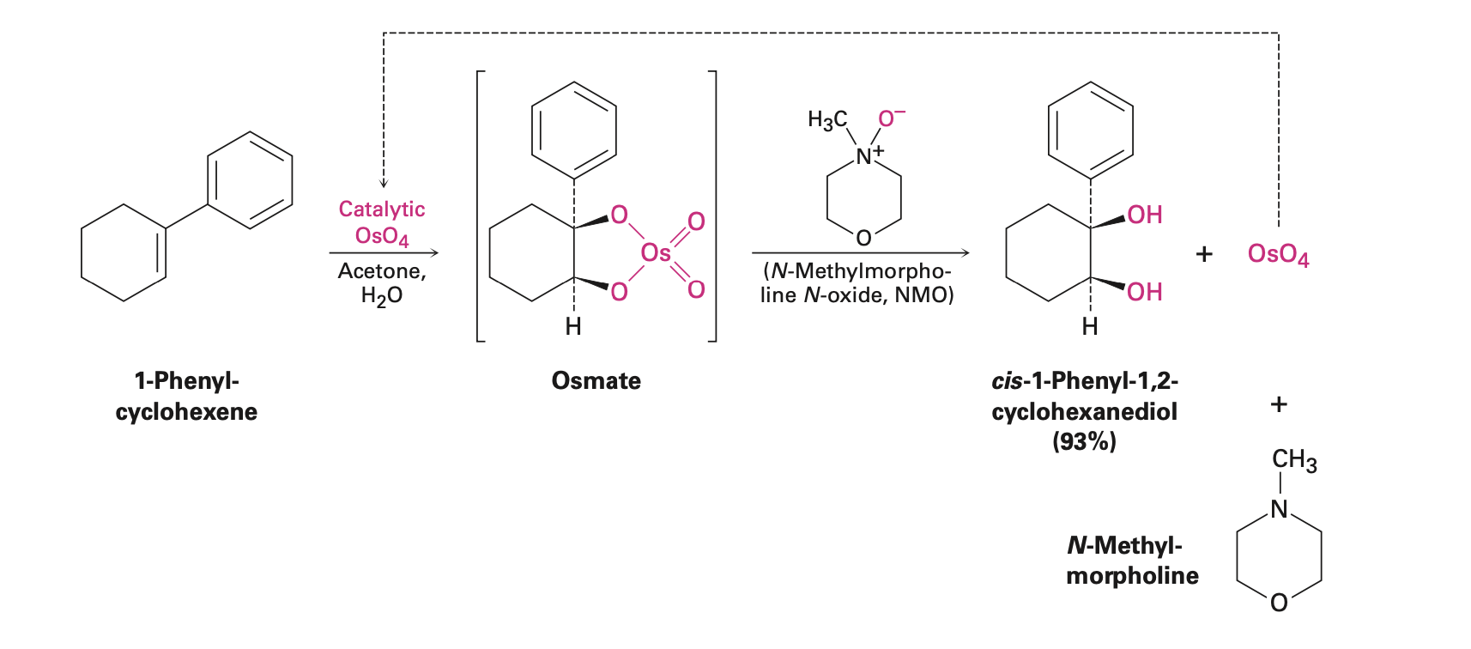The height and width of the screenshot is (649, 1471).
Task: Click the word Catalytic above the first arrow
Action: [382, 209]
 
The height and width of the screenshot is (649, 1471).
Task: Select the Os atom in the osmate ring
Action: [656, 252]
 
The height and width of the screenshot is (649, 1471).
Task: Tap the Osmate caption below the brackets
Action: [596, 380]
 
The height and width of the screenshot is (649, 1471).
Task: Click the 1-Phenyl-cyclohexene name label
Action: [186, 396]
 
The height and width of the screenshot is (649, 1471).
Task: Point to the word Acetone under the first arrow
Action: [381, 271]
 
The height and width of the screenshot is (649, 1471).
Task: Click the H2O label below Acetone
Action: [381, 296]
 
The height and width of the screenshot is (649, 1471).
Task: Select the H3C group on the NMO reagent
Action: [827, 120]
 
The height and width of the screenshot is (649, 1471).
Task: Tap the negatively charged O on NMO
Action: [889, 118]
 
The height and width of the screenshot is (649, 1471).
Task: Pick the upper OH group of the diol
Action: [1144, 215]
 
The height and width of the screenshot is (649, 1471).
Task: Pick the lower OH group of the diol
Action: [1144, 292]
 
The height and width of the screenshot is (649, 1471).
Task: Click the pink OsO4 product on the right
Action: [1278, 254]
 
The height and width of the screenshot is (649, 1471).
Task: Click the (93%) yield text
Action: [1084, 441]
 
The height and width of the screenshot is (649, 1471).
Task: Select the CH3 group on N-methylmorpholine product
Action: [1293, 460]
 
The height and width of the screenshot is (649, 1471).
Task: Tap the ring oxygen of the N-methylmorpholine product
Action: [1279, 603]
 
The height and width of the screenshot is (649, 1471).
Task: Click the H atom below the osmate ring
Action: [573, 326]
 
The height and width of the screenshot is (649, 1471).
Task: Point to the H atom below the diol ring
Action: [1090, 326]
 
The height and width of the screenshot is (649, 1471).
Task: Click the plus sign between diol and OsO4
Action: [1204, 254]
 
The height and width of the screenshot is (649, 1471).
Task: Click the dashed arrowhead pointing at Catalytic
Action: [384, 183]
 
